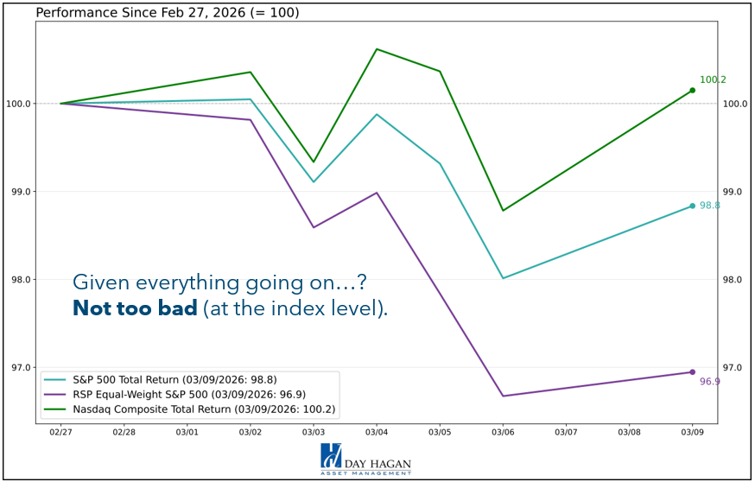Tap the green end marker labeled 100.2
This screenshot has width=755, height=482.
coord(692,91)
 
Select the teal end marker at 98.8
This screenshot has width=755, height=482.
coord(692,206)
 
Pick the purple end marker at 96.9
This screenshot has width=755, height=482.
coord(692,372)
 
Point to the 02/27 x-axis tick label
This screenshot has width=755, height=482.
coord(60,431)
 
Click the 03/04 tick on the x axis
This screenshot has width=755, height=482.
coord(377,431)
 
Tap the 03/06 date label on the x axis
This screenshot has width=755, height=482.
coord(503,431)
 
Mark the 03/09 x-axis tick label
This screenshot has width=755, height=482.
coord(692,431)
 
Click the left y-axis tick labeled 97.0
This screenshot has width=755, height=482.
coord(19,368)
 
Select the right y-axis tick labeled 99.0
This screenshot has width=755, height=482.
coord(733,192)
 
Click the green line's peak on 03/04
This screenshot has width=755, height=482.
coord(377,49)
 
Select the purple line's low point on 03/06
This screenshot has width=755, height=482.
coord(503,396)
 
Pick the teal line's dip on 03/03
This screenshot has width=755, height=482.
coord(314,181)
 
